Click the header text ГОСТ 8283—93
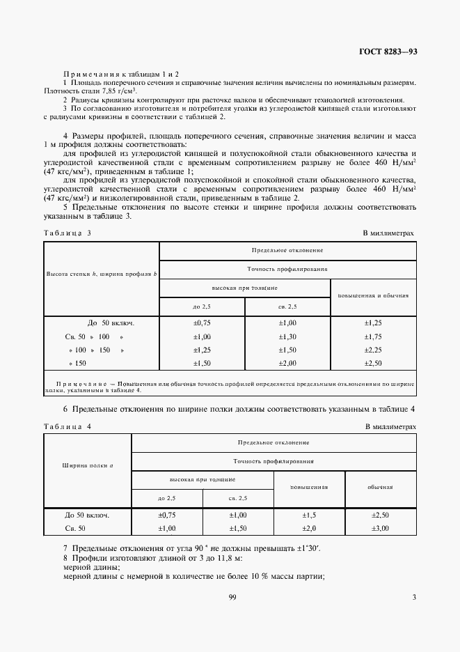388,52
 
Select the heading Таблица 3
68,233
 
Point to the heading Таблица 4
68,426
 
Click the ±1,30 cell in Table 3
287,336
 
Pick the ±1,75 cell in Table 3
374,336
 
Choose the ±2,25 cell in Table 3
374,350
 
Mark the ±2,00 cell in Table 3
287,363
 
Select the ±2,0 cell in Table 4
310,529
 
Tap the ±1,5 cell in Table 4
310,515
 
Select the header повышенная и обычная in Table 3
373,295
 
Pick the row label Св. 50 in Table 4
75,529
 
